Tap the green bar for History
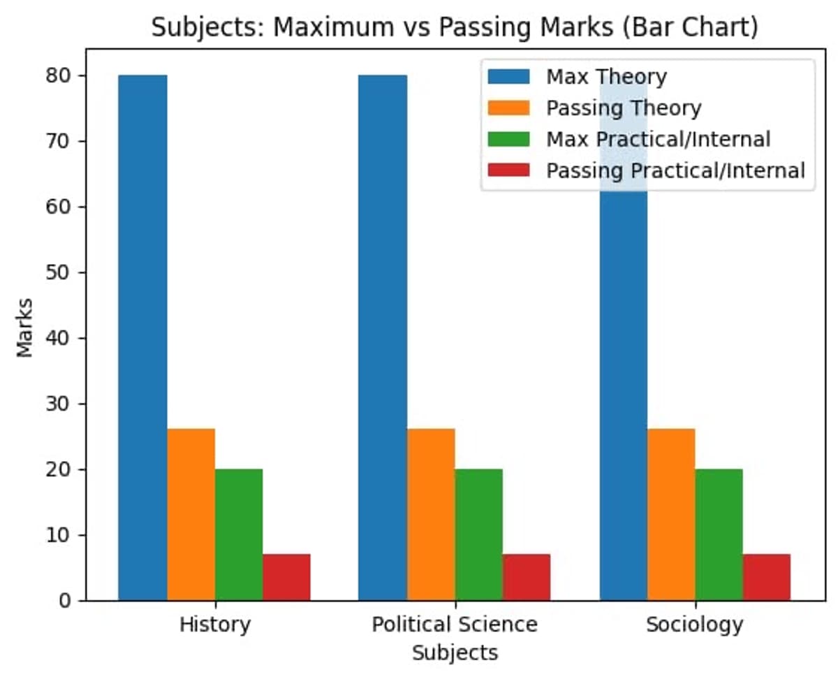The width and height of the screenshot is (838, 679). (239, 534)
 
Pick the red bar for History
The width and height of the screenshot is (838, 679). (286, 577)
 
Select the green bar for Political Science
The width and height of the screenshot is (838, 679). (478, 534)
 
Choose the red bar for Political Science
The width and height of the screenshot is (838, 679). (527, 577)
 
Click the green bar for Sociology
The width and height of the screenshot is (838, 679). (719, 534)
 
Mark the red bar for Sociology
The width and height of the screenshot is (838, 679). (767, 577)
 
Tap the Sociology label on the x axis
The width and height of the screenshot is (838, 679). (694, 624)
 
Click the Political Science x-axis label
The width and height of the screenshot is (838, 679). (455, 624)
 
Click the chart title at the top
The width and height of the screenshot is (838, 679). (455, 27)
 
